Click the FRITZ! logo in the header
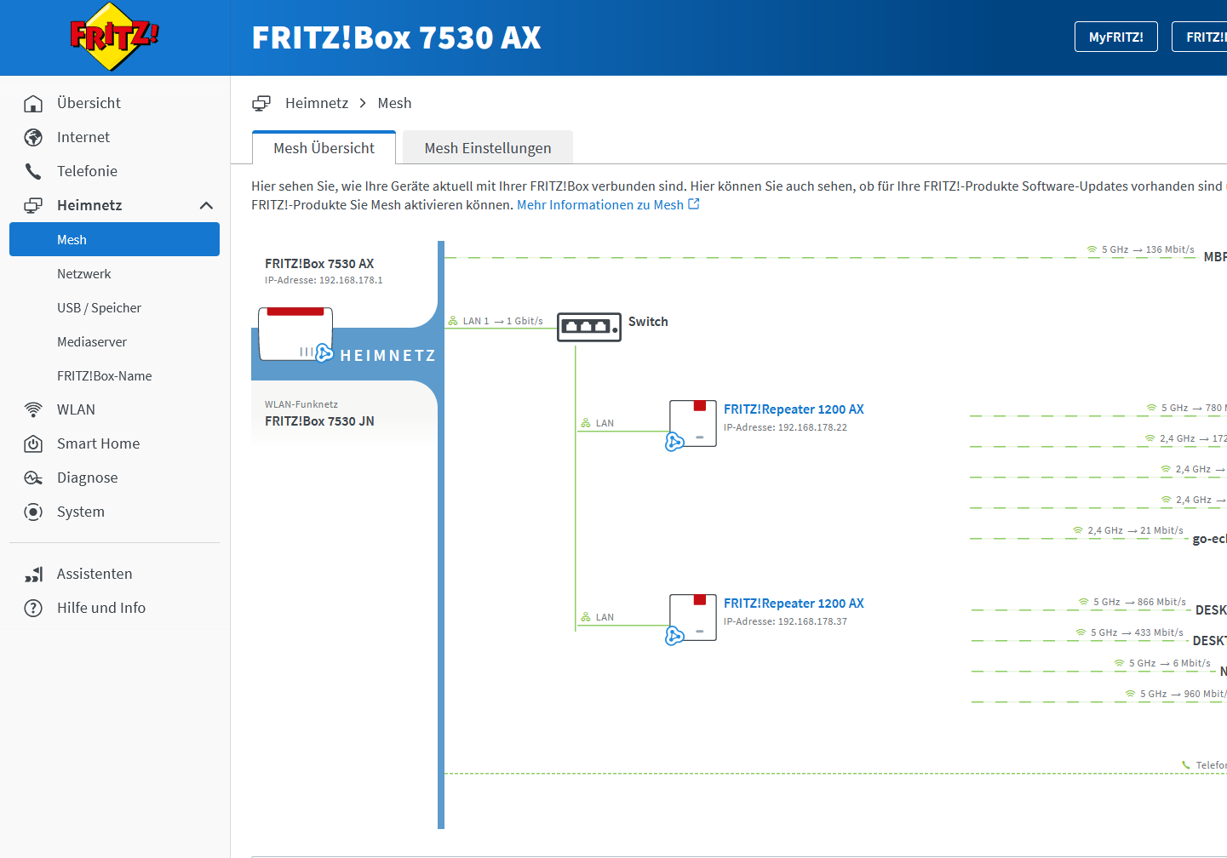114,37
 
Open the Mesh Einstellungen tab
487,148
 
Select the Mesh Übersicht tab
324,148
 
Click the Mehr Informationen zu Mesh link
607,205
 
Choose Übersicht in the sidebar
89,103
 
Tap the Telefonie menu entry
87,171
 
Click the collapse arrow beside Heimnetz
206,205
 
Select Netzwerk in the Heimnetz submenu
84,274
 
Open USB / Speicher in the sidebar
99,308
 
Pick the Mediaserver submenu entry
92,342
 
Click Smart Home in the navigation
98,443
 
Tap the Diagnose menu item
87,478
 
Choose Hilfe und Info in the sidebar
100,608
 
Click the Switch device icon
588,327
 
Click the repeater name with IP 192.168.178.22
794,409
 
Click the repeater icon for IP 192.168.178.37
692,618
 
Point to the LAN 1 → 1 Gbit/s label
502,321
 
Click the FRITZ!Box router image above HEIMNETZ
295,334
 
